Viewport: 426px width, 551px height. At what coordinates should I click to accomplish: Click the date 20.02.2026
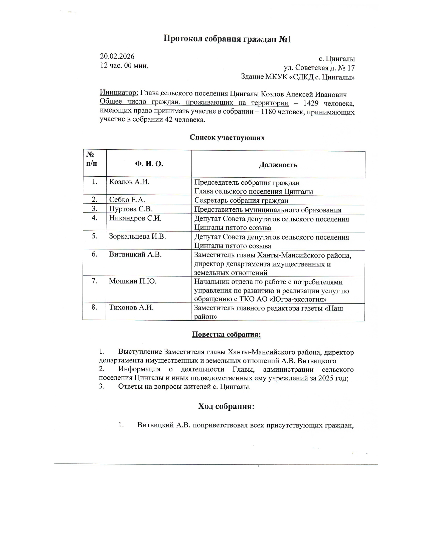[x=117, y=56]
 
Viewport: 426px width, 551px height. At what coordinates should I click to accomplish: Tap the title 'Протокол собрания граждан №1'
[x=227, y=39]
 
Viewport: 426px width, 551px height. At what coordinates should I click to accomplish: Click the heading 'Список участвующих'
[x=227, y=138]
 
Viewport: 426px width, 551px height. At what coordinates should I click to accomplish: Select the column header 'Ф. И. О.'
[x=149, y=164]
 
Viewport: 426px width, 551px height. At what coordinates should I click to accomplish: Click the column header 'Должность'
[x=278, y=165]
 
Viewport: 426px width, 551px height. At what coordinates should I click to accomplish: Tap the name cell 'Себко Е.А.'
[x=127, y=200]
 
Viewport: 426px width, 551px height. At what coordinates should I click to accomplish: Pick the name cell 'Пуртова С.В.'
[x=131, y=209]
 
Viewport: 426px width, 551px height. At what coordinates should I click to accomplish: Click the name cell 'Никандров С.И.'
[x=135, y=218]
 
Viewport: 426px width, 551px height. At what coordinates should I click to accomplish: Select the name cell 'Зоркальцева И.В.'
[x=138, y=237]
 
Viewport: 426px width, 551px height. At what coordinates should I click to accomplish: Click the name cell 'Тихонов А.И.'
[x=131, y=308]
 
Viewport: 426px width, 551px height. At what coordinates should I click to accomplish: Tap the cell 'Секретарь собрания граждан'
[x=241, y=200]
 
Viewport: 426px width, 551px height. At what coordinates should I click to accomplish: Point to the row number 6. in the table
[x=95, y=254]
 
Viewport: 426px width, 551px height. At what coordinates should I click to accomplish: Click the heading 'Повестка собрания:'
[x=226, y=335]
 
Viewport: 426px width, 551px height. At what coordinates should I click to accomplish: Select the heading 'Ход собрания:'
[x=226, y=406]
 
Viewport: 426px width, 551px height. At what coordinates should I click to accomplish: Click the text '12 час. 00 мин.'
[x=124, y=65]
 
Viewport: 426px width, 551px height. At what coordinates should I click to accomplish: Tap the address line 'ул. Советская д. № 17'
[x=319, y=68]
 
